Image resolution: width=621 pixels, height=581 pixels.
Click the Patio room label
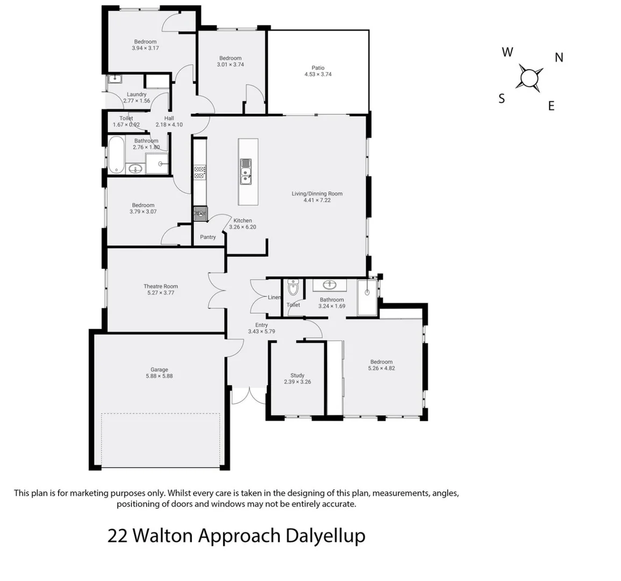tap(318, 68)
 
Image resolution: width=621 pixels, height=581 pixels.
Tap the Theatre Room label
tap(160, 286)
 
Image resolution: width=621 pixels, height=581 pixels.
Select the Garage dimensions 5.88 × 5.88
tap(159, 376)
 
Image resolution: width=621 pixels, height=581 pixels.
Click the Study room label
tap(297, 375)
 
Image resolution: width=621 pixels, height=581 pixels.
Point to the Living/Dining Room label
tap(317, 194)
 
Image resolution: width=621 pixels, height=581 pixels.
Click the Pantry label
tap(208, 237)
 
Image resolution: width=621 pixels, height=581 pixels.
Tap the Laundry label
tap(137, 94)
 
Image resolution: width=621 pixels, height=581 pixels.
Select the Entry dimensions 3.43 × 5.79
tap(261, 331)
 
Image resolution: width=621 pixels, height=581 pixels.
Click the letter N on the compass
tap(559, 58)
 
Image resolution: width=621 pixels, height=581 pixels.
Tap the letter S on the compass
tap(502, 99)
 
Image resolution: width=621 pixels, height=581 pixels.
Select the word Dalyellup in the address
tap(325, 536)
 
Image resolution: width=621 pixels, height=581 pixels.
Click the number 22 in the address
tap(117, 536)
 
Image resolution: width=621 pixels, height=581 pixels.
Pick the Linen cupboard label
tap(274, 297)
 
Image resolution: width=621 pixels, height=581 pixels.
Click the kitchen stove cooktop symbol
tap(199, 172)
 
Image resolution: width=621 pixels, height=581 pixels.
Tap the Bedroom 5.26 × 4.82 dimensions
tap(381, 369)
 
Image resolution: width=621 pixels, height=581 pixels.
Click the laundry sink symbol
tap(115, 79)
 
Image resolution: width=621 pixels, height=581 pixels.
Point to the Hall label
tap(169, 118)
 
